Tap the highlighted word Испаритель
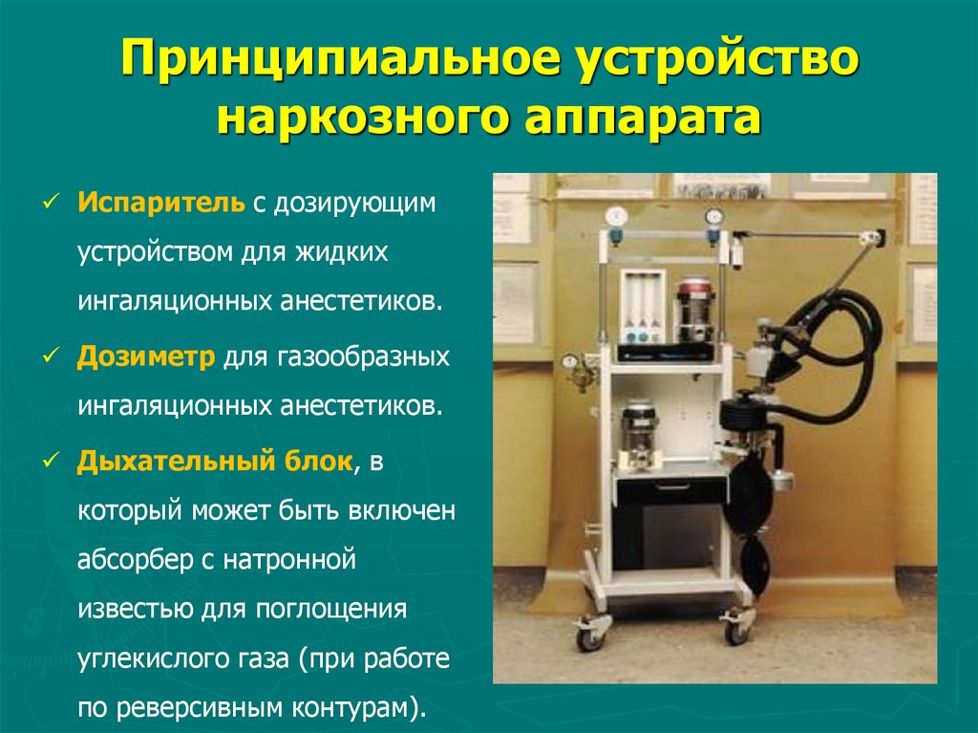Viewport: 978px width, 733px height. tap(163, 203)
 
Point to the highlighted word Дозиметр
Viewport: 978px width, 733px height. tap(147, 356)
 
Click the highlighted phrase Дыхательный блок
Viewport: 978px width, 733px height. tap(215, 463)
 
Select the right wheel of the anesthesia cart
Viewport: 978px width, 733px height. tap(736, 629)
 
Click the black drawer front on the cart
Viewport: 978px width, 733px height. tap(670, 491)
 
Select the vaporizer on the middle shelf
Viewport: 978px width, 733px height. tap(638, 435)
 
